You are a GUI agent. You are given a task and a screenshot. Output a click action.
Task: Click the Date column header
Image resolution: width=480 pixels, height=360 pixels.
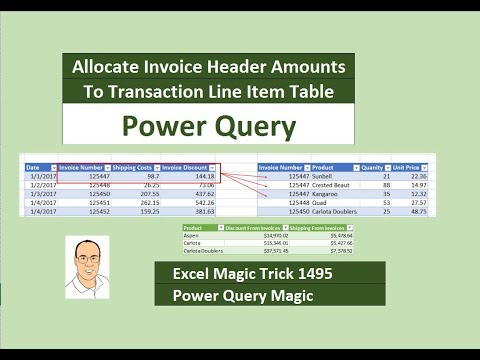coord(34,167)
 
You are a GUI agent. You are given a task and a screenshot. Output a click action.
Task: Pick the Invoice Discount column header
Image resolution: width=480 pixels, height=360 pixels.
coord(187,167)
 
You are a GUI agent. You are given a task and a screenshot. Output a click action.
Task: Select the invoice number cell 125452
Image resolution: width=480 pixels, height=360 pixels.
coord(93,211)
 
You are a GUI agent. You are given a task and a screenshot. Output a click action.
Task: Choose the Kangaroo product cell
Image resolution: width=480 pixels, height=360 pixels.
coord(329,193)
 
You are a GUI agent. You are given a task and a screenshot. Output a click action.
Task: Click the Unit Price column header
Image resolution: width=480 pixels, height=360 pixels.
coord(408,167)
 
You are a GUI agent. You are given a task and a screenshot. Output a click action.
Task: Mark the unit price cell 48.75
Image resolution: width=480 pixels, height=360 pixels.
coord(417,211)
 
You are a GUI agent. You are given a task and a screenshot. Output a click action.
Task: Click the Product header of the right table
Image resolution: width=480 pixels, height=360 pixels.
coord(328,167)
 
